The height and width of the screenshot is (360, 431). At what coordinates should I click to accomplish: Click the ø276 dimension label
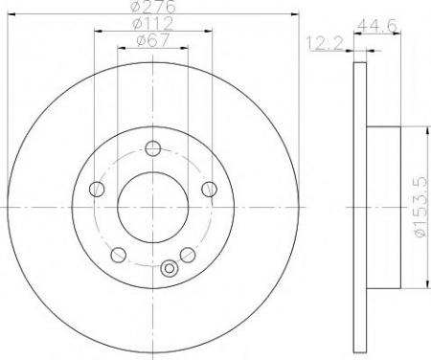point(153,7)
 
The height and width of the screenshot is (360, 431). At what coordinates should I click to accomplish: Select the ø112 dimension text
point(153,23)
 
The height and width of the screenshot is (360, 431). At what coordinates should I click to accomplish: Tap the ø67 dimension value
point(152,41)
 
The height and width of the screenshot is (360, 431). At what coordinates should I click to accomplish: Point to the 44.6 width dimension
point(377,25)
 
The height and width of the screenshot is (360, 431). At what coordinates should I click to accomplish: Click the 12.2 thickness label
point(325,43)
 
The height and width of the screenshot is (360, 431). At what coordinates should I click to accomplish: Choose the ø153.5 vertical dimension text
point(420,207)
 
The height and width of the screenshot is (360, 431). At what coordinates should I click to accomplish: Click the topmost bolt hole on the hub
point(152,148)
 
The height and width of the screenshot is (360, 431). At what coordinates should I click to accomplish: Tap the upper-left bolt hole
point(97,189)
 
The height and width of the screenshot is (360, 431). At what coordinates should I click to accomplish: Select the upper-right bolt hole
point(209,189)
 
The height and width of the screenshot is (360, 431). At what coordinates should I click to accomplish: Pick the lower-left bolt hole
point(118,255)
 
